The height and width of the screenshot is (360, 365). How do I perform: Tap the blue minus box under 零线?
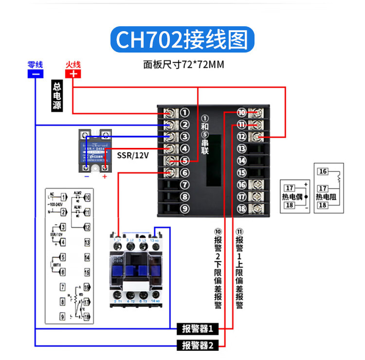tap(35, 74)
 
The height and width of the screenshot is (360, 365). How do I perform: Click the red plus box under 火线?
tap(73, 74)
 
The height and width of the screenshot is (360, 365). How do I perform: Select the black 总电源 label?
tap(57, 95)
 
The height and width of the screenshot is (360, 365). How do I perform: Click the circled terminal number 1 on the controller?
tap(184, 113)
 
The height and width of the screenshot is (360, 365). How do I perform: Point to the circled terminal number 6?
tap(184, 173)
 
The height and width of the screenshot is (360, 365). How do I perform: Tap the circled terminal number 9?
tap(184, 209)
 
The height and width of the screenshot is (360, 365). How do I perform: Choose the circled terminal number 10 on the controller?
tap(242, 113)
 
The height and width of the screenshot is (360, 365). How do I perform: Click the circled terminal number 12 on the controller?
tap(242, 137)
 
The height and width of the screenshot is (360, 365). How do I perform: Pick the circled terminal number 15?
tap(242, 173)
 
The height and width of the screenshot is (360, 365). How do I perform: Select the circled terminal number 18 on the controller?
tap(242, 209)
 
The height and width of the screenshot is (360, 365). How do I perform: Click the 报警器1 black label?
tap(197, 329)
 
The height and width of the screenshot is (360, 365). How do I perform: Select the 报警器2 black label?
tap(197, 346)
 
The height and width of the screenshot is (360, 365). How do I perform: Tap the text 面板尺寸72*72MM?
tap(183, 64)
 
